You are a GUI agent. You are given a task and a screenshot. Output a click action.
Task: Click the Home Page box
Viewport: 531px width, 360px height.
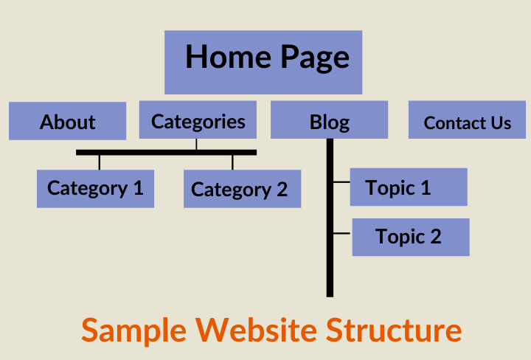(263, 62)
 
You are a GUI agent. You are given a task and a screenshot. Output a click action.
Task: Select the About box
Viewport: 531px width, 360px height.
(67, 121)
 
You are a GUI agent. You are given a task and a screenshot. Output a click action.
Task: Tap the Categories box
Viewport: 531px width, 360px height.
(198, 120)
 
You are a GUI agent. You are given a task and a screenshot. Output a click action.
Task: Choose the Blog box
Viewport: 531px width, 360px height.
(329, 121)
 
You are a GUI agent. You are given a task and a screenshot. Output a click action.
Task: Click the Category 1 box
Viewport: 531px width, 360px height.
(95, 188)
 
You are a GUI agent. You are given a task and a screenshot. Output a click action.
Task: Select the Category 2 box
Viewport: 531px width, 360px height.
(242, 189)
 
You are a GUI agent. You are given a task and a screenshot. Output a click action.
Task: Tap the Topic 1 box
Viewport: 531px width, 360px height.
(408, 187)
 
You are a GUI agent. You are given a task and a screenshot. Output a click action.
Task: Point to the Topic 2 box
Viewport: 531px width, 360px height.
(411, 237)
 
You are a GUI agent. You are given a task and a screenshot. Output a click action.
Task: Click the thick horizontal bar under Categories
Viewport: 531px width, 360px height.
(166, 153)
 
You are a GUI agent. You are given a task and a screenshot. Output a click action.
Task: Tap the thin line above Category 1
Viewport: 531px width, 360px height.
(100, 162)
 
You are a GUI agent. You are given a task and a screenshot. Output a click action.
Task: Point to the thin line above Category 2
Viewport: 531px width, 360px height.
(232, 162)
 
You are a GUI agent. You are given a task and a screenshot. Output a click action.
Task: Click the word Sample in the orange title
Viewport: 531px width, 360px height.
(133, 330)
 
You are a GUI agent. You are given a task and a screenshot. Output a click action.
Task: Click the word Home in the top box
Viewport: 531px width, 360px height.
(225, 57)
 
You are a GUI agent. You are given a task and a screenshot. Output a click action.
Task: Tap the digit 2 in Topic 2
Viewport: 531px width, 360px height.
(435, 237)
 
